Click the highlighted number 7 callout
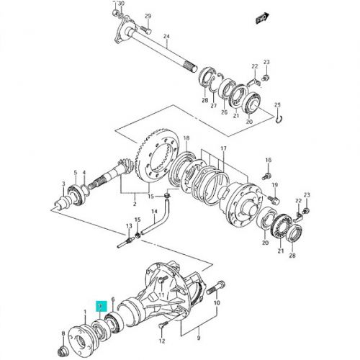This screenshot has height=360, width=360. [x=100, y=306]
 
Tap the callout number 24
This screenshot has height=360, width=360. [x=166, y=37]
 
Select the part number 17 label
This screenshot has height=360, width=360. [x=223, y=148]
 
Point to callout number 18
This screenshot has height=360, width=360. [x=186, y=138]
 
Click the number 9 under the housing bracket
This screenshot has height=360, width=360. [x=199, y=338]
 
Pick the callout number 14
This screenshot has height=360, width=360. [x=154, y=212]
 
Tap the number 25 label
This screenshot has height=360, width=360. [x=277, y=105]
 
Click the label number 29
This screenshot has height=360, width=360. [x=148, y=16]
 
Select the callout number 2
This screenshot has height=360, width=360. [x=135, y=204]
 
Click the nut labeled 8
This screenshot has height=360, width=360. [x=63, y=353]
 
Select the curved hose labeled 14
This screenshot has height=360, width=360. [x=157, y=216]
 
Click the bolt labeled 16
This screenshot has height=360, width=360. [x=266, y=176]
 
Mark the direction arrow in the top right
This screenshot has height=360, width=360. [x=262, y=18]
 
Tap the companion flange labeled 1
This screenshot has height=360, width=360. [x=81, y=338]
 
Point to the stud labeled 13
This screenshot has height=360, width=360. [x=126, y=242]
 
